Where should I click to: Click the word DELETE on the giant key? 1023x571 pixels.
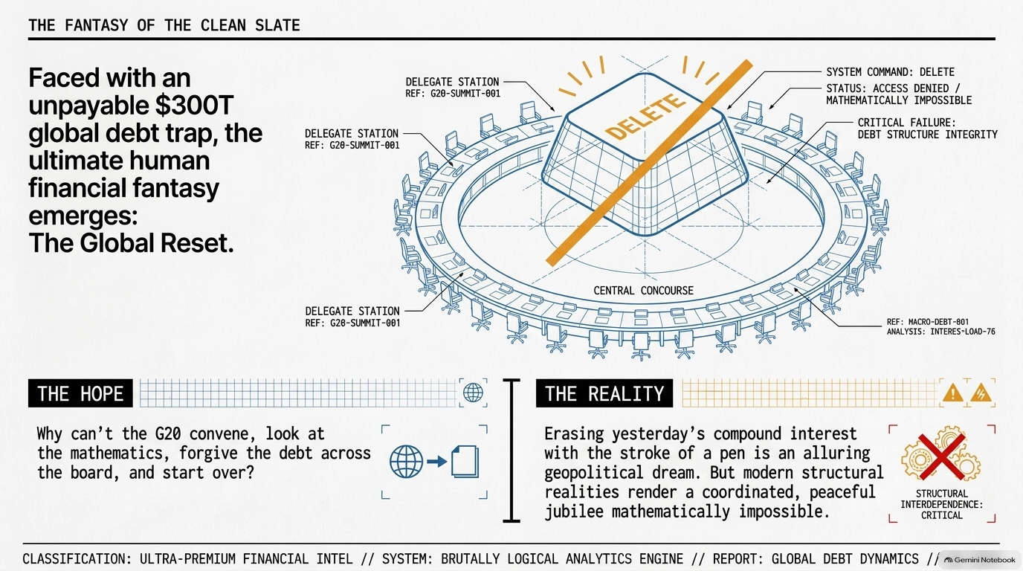tap(645, 117)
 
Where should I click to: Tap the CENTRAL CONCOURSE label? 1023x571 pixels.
tap(644, 291)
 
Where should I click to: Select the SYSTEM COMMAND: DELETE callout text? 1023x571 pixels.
tap(890, 72)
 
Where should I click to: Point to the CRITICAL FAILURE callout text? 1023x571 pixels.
tap(928, 129)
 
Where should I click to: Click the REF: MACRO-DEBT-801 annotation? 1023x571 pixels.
tap(928, 322)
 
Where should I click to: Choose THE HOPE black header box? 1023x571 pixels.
tap(80, 393)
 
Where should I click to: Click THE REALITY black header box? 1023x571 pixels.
tap(604, 393)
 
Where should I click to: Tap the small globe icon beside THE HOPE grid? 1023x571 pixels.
tap(473, 393)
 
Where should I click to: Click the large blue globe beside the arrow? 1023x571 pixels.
tap(406, 462)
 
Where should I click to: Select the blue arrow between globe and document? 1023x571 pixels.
tap(437, 462)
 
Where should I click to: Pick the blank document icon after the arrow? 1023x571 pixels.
tap(465, 462)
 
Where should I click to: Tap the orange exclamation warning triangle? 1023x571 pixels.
tap(952, 393)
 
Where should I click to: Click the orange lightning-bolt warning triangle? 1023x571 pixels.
tap(981, 393)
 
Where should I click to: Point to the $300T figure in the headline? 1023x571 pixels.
tap(195, 106)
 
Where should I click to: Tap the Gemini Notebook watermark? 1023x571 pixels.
tap(980, 560)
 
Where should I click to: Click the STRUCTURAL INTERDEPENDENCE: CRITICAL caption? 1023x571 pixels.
tap(942, 504)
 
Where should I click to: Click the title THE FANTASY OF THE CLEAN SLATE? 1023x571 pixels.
tap(164, 25)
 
